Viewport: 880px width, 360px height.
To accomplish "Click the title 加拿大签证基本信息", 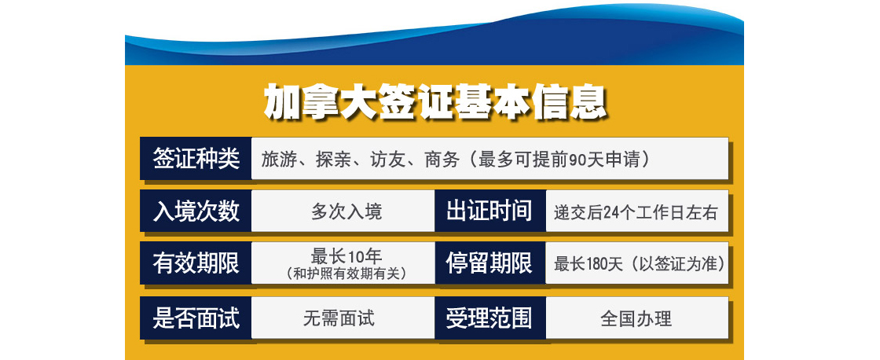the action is [435, 102].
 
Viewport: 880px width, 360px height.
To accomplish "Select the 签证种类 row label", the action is [196, 159].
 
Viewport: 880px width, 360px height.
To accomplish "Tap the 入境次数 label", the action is [196, 211].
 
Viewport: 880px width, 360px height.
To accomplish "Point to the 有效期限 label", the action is [196, 263].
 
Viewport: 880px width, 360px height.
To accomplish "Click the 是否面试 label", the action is [196, 318].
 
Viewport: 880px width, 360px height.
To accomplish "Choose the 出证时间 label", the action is [489, 211].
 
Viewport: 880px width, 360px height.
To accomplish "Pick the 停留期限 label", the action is [489, 263].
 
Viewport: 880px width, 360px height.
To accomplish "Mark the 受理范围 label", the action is [489, 318].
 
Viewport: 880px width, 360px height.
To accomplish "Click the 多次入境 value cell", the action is [343, 211].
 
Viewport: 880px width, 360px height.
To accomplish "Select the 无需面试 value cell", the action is [343, 318].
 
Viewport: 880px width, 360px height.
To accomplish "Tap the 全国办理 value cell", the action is [637, 318].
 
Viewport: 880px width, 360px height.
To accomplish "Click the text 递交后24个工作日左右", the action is [636, 212].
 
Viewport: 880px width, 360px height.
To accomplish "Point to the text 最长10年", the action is [346, 257].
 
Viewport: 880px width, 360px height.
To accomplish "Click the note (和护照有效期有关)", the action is [346, 274].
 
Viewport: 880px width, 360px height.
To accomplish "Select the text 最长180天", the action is [588, 264].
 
